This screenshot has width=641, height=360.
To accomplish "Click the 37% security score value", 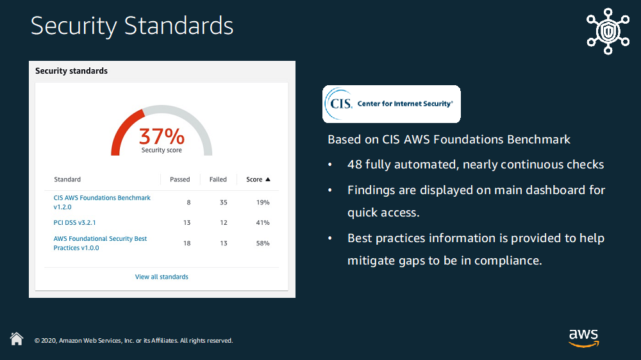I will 162,136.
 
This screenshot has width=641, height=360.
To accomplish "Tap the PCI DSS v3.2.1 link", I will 74,223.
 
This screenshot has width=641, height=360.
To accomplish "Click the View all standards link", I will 162,277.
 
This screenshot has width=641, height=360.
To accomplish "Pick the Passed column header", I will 179,179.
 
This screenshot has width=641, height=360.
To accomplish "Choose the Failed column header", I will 218,179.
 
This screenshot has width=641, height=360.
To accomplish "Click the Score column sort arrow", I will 268,179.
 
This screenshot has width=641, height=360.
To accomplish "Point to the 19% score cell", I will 263,202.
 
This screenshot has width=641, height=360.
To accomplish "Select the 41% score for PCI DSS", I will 263,223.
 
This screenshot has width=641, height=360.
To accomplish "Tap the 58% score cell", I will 263,243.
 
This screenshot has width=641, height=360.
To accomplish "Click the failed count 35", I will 223,202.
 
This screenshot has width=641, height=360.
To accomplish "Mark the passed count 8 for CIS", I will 188,202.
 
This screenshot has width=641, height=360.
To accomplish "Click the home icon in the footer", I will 17,339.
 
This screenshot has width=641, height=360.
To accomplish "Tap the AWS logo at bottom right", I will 583,338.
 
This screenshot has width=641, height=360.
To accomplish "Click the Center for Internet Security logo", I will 391,104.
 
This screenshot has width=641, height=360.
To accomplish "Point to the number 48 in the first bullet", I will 354,165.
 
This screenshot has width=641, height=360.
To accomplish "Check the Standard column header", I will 67,179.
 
